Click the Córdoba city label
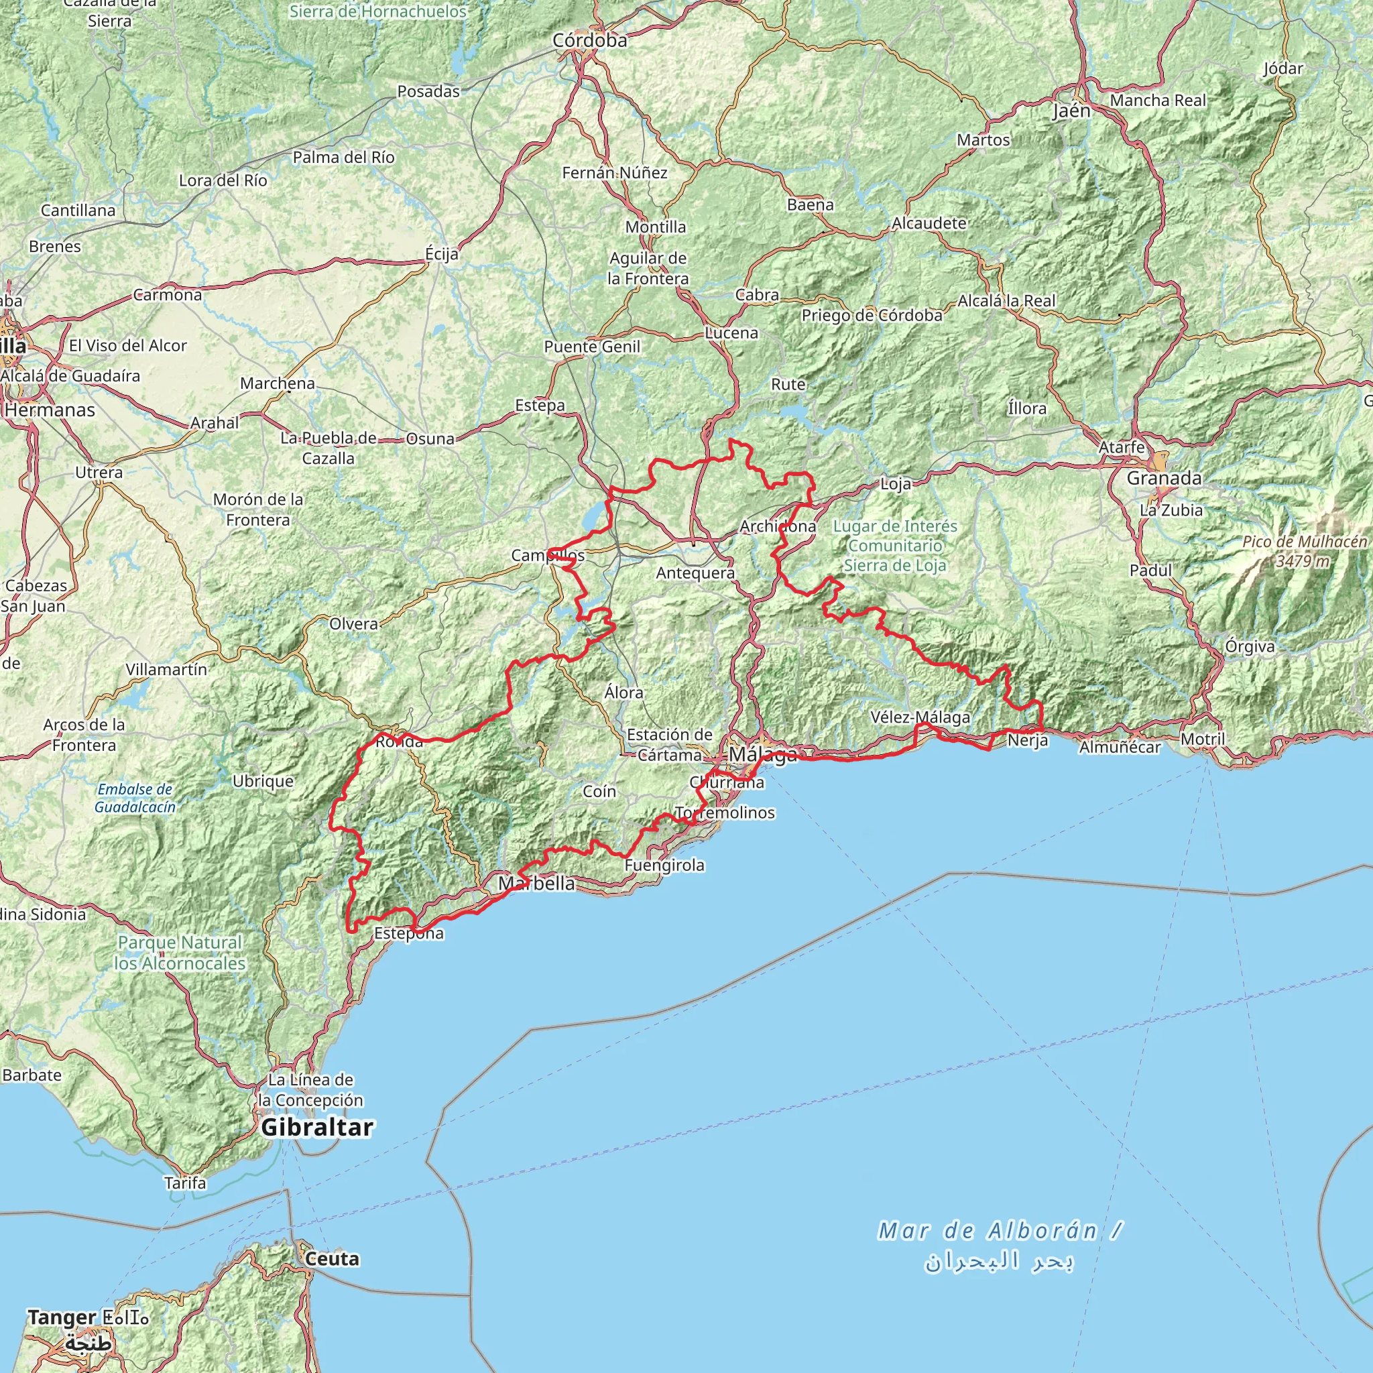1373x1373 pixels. tap(590, 41)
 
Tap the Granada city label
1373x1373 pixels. tap(1163, 478)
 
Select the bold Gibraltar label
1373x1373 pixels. tap(317, 1127)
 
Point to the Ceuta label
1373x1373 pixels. tap(332, 1258)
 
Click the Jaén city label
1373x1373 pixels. tap(1071, 111)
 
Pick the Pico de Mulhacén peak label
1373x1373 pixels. tap(1304, 552)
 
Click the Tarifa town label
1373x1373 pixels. tap(185, 1183)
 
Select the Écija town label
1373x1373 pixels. tap(441, 253)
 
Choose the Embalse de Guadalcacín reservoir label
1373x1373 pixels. tap(134, 798)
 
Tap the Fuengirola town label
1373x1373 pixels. tap(664, 865)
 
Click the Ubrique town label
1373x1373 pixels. tap(263, 781)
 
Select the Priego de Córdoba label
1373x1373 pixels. tap(872, 316)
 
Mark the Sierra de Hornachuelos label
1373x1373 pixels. tap(378, 11)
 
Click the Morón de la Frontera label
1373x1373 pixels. tap(258, 510)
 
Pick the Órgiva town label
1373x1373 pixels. tap(1250, 646)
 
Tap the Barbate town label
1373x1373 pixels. tap(32, 1075)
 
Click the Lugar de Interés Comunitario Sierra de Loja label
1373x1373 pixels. tap(895, 546)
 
